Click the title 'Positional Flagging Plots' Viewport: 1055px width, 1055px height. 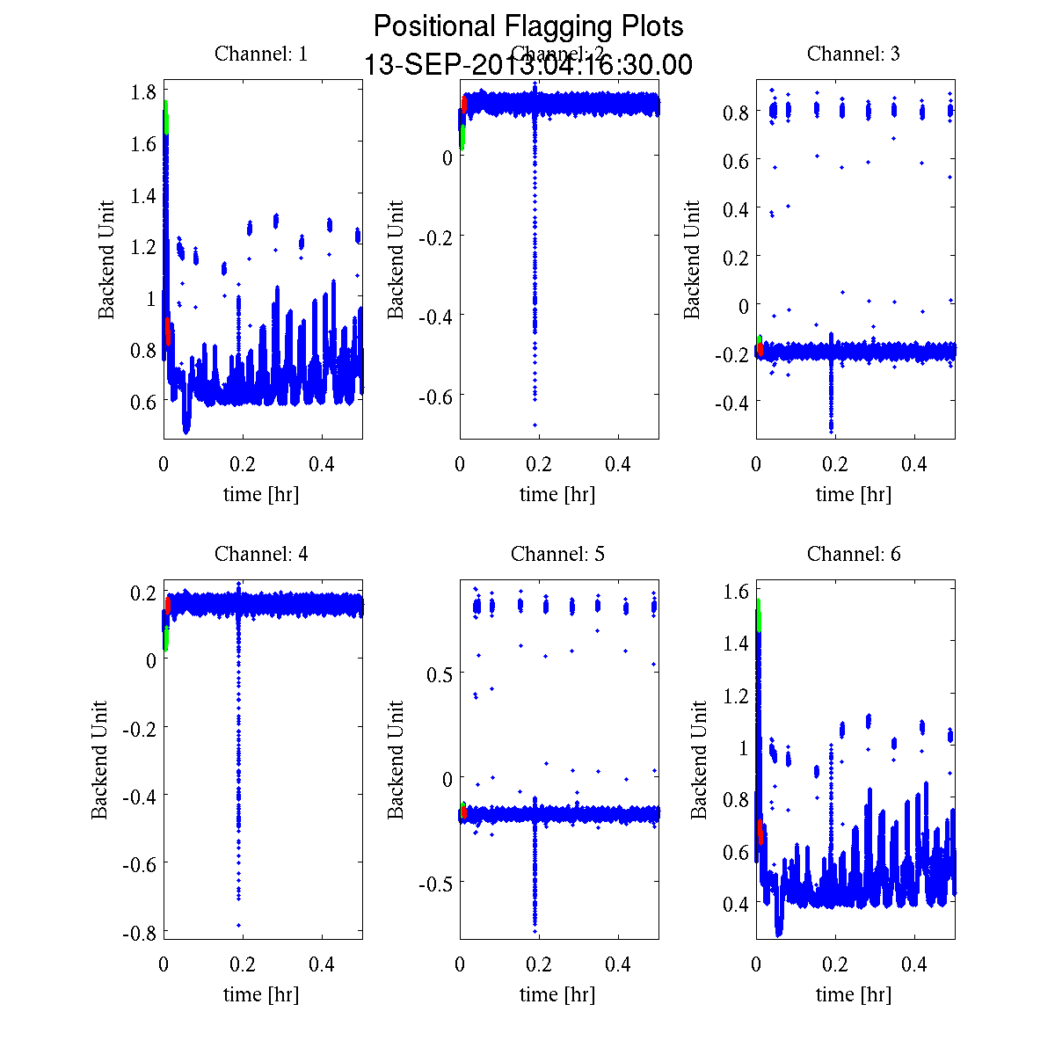528,26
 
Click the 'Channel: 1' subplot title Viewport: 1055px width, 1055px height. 261,54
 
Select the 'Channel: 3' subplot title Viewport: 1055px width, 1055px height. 853,54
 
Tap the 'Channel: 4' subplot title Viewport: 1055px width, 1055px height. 261,554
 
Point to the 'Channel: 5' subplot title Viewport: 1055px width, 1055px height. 557,554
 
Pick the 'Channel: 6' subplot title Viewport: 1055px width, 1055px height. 853,554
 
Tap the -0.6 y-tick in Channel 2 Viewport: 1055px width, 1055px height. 437,396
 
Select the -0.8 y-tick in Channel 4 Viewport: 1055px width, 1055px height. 140,932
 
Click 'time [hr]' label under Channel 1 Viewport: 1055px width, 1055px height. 261,494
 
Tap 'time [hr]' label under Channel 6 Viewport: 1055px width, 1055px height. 853,994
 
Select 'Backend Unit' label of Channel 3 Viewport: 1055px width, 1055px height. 692,259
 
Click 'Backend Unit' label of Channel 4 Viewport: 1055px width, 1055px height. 99,760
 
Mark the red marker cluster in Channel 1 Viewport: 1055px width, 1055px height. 167,331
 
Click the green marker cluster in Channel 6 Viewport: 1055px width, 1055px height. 758,615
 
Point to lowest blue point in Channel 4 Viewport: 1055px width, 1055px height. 238,925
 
